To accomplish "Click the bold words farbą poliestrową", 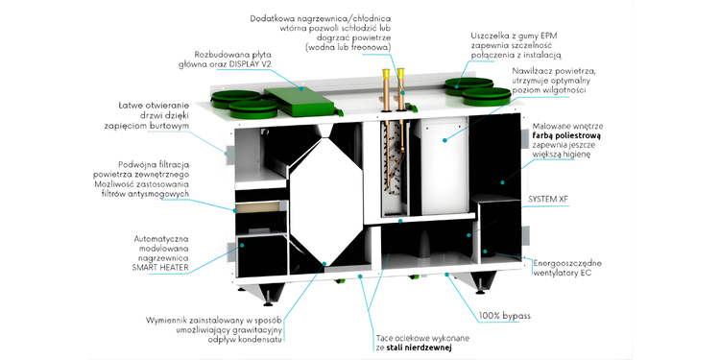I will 570,136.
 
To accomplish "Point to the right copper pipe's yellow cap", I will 401,74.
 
